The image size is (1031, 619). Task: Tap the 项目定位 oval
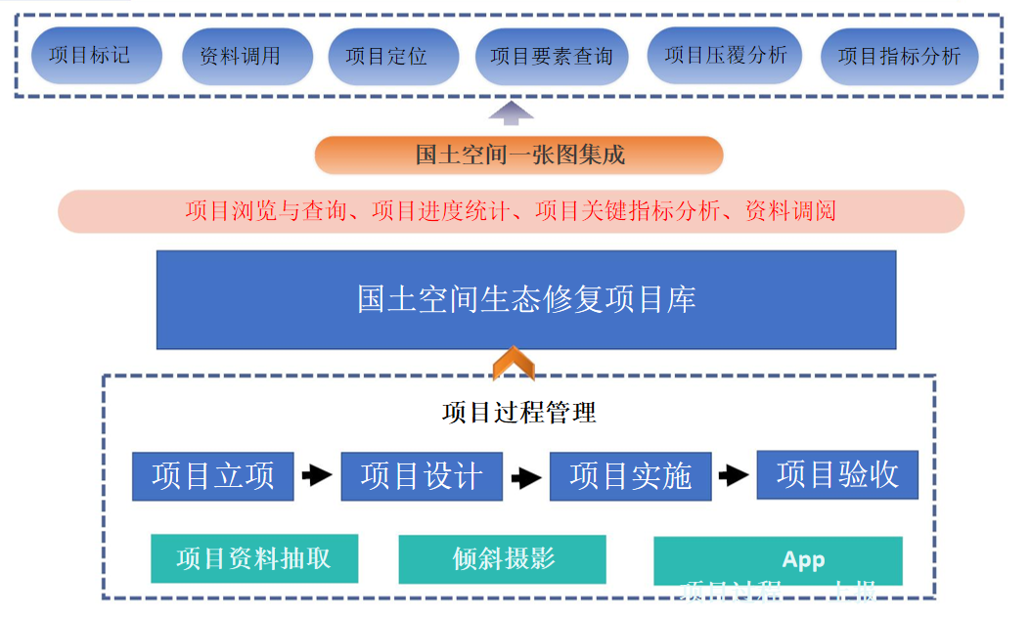(x=386, y=57)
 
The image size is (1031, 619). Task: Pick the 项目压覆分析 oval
(x=725, y=56)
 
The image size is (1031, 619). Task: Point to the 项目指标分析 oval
(x=899, y=57)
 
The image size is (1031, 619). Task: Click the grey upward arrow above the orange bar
(x=512, y=112)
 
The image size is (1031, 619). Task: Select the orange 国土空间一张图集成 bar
(x=519, y=155)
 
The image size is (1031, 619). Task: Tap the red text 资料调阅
(x=790, y=211)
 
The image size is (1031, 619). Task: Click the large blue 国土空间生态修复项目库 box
(x=526, y=299)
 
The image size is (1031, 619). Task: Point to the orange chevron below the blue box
(x=514, y=363)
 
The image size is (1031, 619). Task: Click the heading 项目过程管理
(x=519, y=413)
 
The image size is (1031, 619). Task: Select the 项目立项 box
(x=213, y=476)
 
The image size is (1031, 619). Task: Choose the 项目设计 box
(x=422, y=476)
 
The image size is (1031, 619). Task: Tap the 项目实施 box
(x=630, y=476)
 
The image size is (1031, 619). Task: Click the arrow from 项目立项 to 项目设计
(x=317, y=476)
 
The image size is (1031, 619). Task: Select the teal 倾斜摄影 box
(x=503, y=558)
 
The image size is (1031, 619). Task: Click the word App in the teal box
(x=803, y=560)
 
